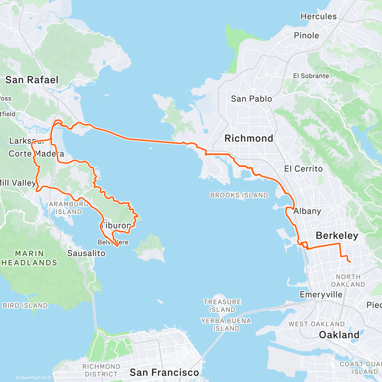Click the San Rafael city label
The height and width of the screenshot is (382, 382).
(x=32, y=80)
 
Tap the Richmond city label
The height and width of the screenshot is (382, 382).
(x=249, y=138)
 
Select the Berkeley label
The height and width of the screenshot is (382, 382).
(x=337, y=236)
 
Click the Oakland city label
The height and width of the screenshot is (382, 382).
(x=339, y=335)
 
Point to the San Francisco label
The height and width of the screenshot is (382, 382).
(x=164, y=372)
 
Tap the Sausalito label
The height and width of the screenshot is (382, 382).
(x=86, y=253)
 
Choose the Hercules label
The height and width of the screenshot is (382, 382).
(x=318, y=17)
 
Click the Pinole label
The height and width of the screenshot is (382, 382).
(x=306, y=36)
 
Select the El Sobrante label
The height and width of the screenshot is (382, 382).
(x=311, y=76)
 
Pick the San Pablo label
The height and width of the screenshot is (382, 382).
(x=251, y=99)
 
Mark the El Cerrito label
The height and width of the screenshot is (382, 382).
(x=303, y=169)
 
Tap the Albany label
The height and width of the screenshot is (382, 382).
(x=307, y=211)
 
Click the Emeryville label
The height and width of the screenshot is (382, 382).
(x=321, y=294)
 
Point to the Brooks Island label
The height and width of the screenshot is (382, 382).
(x=239, y=195)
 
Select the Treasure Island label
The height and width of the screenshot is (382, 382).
(x=222, y=306)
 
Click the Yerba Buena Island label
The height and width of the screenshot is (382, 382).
(x=226, y=324)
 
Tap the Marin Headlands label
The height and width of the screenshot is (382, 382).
(x=29, y=258)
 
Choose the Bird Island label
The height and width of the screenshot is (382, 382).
(x=25, y=306)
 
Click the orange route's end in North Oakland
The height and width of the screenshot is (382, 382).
(x=350, y=262)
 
